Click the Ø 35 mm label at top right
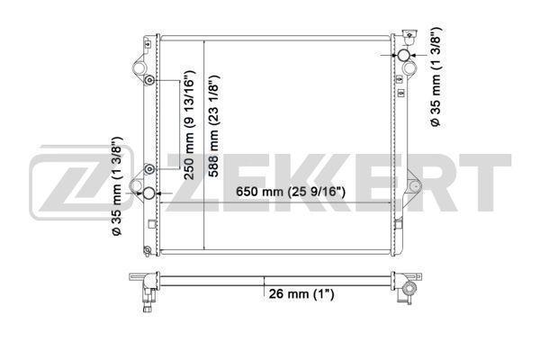click(x=435, y=77)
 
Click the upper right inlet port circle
click(x=406, y=58)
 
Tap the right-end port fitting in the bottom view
click(x=409, y=290)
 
